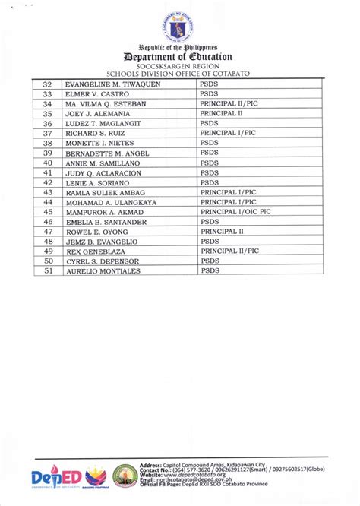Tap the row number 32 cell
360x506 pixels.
pos(48,84)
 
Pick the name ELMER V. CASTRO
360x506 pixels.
pos(96,94)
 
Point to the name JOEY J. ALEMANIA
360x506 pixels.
pos(98,113)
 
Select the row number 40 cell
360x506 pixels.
pos(48,163)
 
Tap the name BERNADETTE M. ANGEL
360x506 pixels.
pos(107,153)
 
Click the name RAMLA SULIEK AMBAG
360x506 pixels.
pos(103,192)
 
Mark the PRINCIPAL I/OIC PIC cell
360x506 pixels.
pos(236,212)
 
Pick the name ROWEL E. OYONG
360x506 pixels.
pos(96,231)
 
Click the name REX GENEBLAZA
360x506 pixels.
pos(93,251)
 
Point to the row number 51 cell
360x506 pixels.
pos(48,270)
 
